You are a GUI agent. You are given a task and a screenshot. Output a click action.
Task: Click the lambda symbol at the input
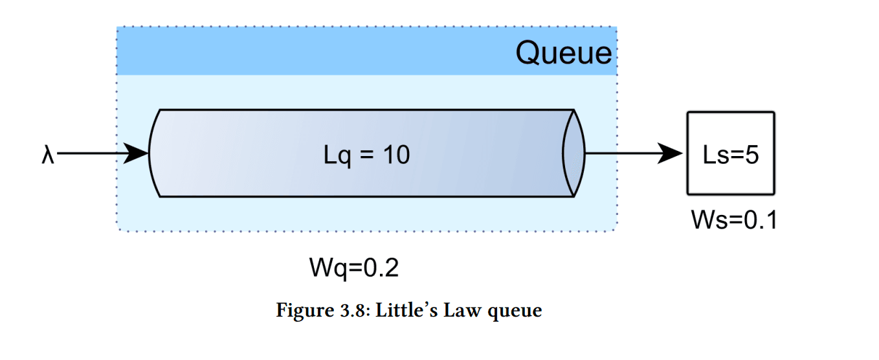point(47,155)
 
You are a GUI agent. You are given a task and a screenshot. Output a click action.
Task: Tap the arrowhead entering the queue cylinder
point(137,154)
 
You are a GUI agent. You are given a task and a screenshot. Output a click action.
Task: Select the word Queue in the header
point(563,52)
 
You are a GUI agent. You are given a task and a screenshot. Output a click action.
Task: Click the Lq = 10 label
point(366,155)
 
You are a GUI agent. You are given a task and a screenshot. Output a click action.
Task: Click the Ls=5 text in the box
point(730,155)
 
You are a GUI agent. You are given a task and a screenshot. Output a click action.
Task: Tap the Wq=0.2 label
point(354,267)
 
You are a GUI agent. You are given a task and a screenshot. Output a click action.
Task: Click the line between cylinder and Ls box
point(621,154)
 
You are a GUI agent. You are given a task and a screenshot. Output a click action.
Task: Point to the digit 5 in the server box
point(751,155)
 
